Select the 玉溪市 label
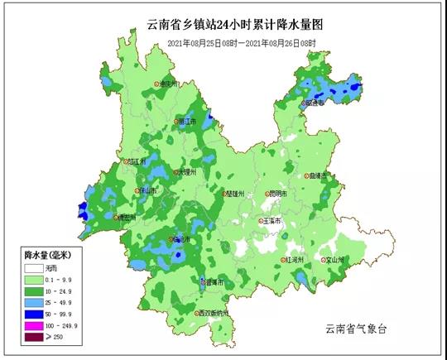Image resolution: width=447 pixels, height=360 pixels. [273, 222]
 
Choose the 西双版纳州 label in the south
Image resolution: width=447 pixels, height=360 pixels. [218, 314]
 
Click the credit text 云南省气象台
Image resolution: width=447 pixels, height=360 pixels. [356, 329]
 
